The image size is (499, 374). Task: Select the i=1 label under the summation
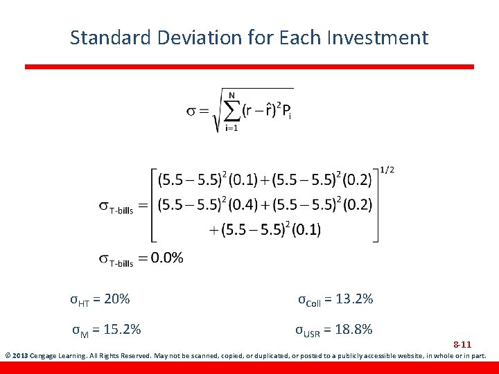231,128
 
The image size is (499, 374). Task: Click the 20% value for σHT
115,299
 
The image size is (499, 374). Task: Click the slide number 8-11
462,344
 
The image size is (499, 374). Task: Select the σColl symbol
309,300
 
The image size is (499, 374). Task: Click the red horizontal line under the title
249,66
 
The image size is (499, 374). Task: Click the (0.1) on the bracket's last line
306,230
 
